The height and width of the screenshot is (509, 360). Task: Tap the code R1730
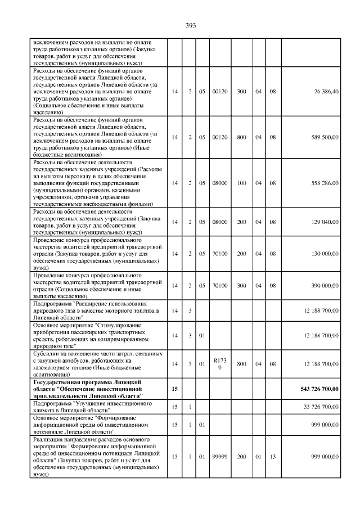219,364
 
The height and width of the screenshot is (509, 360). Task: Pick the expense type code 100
241,183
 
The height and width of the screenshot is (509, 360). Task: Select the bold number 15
174,389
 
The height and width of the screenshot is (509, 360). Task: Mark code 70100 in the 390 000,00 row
219,286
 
